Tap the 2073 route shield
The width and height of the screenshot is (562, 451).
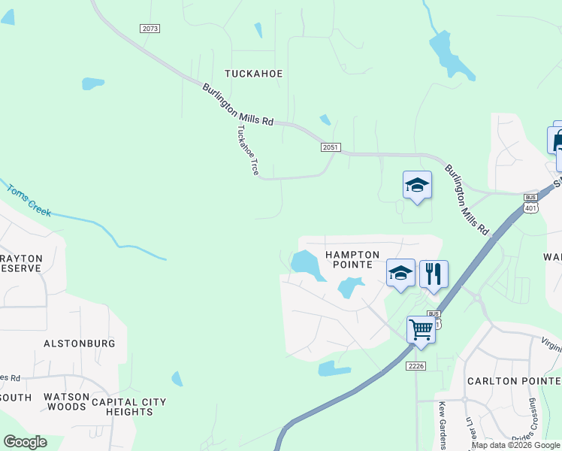pos(150,28)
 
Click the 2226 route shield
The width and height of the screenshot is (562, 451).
pos(416,365)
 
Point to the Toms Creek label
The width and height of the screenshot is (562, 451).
pos(29,200)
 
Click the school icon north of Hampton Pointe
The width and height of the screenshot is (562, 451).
pos(417,185)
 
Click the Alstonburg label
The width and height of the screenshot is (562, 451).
pos(80,344)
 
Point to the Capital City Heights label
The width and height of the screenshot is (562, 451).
pos(128,407)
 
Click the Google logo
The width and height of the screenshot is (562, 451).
pos(25,442)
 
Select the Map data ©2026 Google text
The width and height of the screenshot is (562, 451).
pos(515,445)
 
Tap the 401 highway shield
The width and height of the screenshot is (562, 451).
pos(531,207)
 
